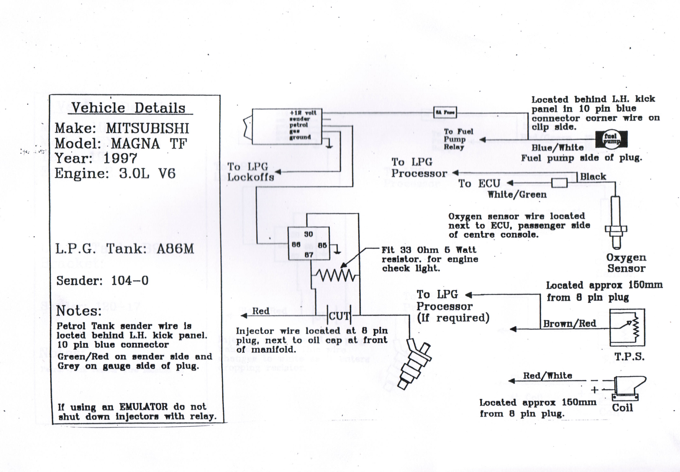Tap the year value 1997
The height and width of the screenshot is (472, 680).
click(x=120, y=159)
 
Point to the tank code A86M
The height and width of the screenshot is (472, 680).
click(x=175, y=249)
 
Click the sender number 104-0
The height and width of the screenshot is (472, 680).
click(x=130, y=280)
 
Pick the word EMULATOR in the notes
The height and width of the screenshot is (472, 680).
click(x=144, y=407)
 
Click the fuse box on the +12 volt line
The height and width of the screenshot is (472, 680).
click(x=445, y=112)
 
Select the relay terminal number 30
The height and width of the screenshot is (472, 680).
click(x=308, y=234)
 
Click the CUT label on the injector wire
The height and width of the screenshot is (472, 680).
click(x=339, y=316)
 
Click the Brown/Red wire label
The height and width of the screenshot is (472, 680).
click(x=569, y=323)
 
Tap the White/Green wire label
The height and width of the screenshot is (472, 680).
click(x=517, y=195)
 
